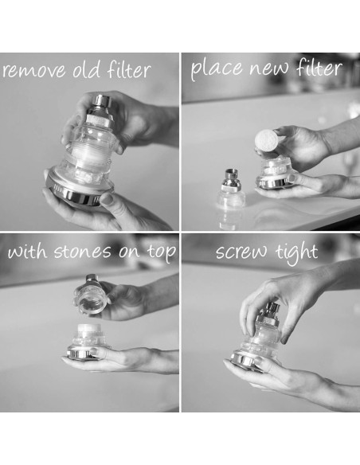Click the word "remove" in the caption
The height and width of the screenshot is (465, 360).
(x=33, y=72)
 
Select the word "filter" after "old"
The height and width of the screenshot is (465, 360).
(x=129, y=70)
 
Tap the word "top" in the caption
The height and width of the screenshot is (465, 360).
(x=158, y=256)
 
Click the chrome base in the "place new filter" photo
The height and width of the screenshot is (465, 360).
(x=275, y=182)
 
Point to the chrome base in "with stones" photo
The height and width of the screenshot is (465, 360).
(x=84, y=354)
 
